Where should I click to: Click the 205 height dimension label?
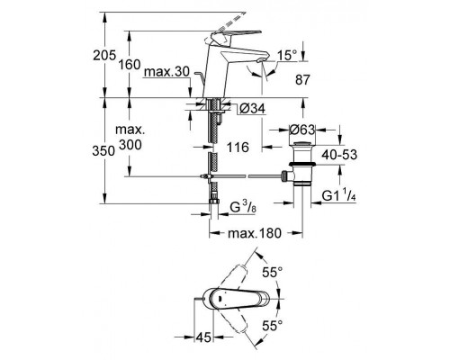tap(104, 56)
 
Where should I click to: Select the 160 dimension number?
tap(130, 64)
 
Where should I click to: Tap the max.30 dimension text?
tap(166, 72)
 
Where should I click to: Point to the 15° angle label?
tap(287, 55)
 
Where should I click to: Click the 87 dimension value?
tap(302, 80)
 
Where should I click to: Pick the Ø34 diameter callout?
tap(253, 109)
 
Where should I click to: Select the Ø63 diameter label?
tap(302, 130)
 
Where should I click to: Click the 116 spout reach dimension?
tap(238, 147)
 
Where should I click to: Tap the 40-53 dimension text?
tap(339, 155)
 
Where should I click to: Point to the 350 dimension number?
tap(103, 151)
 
